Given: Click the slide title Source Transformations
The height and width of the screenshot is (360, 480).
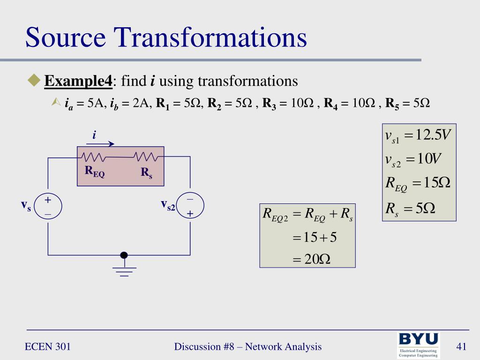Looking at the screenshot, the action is coord(166,38).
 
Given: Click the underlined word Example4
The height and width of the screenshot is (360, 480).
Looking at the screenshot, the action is coord(78,81).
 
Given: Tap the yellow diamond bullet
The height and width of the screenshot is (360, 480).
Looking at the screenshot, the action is coord(34,81).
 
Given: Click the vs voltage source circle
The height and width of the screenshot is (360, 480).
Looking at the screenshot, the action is coord(48,207).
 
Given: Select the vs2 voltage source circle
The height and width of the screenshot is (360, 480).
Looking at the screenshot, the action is coord(190,207).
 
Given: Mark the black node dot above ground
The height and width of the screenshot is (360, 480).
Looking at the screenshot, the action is coord(124,255).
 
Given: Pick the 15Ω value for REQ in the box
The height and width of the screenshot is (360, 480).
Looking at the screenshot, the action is coord(436,183).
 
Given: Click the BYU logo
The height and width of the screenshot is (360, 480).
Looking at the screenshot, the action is coord(418,345).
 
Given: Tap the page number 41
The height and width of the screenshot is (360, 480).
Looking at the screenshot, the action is coord(462,347).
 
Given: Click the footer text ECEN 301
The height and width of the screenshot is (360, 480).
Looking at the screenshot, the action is coord(48,347).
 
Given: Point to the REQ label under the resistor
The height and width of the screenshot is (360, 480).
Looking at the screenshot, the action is coord(94,172).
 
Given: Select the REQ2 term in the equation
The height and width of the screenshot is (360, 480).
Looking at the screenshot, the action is coord(275,215).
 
